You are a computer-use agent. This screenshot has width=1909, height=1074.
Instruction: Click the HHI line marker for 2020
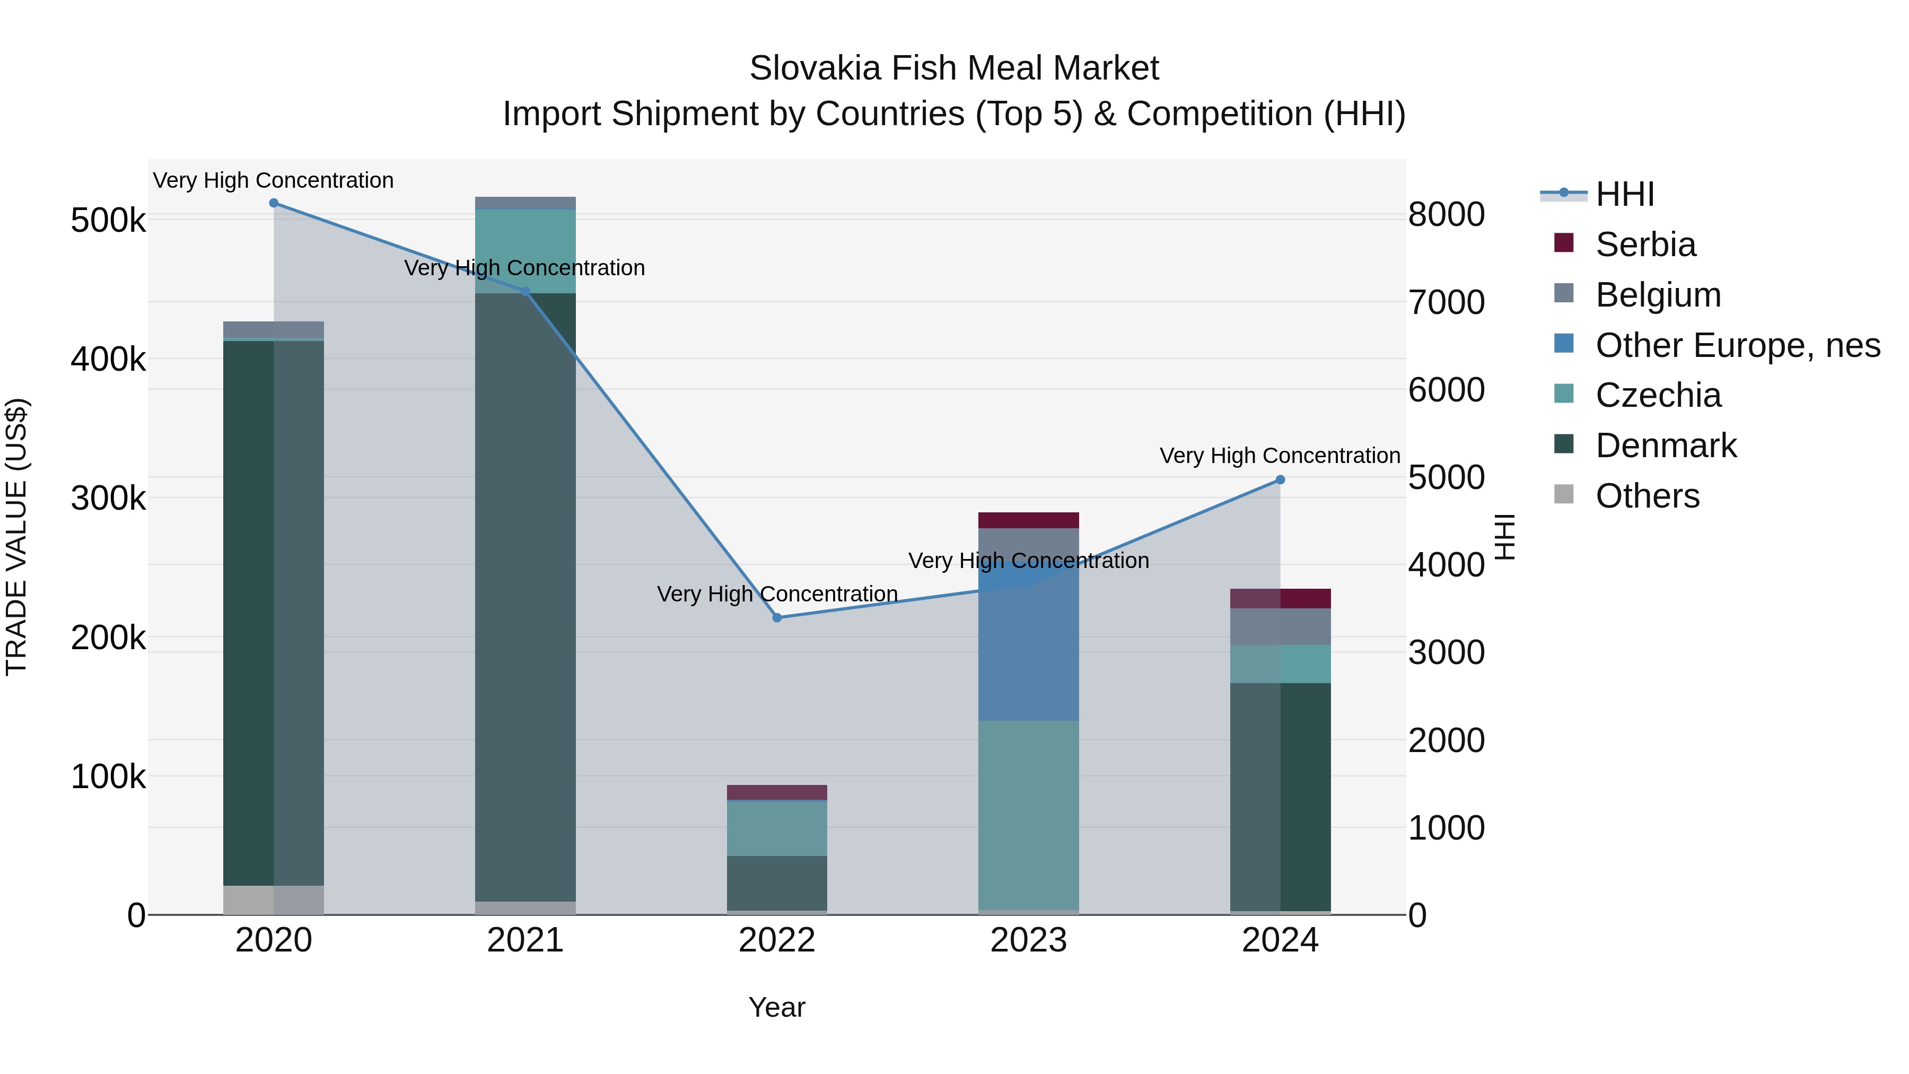click(274, 203)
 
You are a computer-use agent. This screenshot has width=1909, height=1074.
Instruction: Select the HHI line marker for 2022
click(777, 617)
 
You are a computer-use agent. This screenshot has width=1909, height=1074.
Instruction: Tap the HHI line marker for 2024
click(1280, 479)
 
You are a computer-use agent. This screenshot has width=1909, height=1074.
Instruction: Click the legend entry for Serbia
click(1645, 245)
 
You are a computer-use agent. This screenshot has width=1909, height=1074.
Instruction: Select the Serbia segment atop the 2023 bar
click(1029, 520)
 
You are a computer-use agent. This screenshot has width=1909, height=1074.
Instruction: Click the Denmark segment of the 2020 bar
click(274, 608)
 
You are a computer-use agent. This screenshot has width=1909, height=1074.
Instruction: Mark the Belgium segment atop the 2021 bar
click(526, 203)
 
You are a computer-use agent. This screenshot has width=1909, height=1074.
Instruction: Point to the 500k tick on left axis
click(108, 221)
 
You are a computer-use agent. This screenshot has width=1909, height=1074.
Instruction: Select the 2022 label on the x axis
click(777, 940)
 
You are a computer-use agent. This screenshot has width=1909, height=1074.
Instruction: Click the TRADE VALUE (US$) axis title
click(16, 537)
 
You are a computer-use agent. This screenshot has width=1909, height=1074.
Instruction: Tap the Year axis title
click(777, 1007)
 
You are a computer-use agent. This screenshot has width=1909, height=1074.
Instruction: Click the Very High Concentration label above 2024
click(1280, 455)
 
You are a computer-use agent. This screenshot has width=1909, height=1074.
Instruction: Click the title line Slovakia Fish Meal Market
click(954, 68)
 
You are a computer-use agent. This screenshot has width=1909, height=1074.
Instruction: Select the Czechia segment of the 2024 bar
click(1280, 663)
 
